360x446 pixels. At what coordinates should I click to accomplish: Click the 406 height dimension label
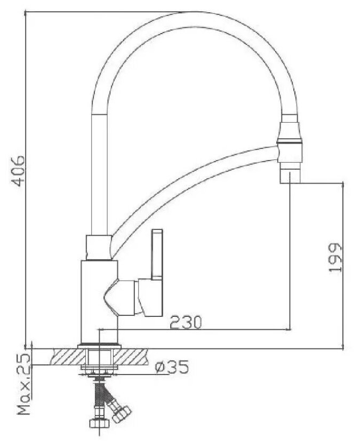point(19,171)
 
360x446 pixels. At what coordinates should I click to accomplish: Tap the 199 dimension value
point(335,258)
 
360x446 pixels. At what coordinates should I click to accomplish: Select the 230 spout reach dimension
point(186,322)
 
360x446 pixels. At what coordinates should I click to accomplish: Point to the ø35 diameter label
point(172,367)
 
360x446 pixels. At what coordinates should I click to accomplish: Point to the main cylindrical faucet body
point(99,302)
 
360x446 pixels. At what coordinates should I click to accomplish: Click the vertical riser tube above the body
point(99,173)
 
